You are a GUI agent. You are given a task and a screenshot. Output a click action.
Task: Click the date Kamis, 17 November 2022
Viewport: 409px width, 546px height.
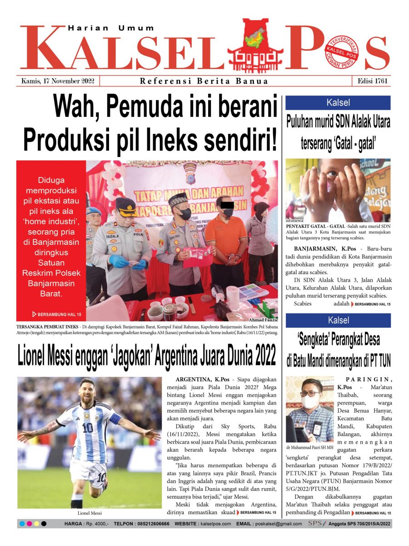58,81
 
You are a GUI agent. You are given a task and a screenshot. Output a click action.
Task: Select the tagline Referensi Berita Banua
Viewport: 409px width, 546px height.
204,81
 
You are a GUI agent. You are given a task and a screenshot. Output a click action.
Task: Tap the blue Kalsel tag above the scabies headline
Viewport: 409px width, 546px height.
338,103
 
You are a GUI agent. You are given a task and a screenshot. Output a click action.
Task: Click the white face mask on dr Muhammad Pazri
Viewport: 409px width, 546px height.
309,402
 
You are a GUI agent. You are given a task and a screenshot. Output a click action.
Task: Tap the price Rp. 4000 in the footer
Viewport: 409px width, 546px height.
96,524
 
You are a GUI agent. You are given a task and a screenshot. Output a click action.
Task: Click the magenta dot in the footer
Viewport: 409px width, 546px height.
30,524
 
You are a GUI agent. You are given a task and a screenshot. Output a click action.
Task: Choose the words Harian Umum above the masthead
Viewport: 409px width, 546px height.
111,28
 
